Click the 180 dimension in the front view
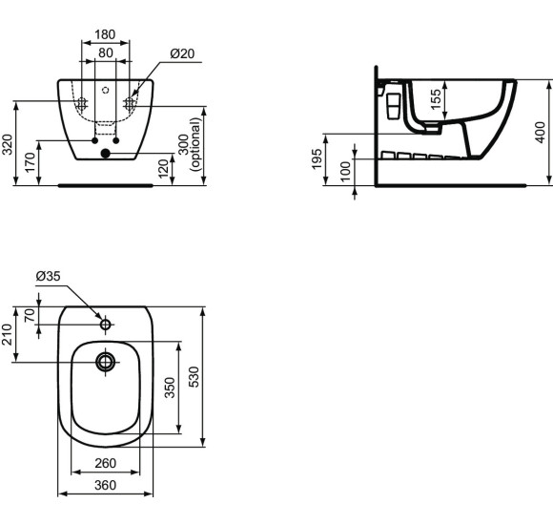pos(105,35)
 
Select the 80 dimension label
pos(105,52)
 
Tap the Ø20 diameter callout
pos(181,54)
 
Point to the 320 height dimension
pos(9,144)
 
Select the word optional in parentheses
pos(196,144)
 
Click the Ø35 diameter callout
pos(48,277)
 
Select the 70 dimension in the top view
pos(29,316)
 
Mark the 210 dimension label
pos(9,334)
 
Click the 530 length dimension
pos(195,377)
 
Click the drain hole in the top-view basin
pos(105,361)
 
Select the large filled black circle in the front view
pos(106,153)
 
